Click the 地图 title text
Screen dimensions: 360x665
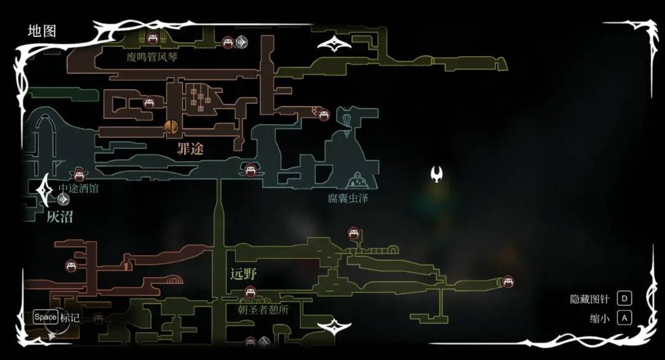click(42, 31)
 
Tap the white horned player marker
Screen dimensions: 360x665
click(437, 174)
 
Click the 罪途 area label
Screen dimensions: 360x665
click(190, 149)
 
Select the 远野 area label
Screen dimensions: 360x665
click(243, 275)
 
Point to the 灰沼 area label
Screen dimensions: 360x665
click(60, 217)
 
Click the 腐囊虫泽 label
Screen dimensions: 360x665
click(348, 198)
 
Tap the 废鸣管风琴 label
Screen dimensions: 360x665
click(152, 57)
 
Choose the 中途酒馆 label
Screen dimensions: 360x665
click(78, 188)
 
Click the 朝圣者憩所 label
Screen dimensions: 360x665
click(263, 309)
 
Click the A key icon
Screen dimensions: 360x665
click(624, 318)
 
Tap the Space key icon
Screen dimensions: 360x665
click(46, 317)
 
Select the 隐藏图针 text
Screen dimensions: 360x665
click(589, 299)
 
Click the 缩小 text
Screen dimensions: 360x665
click(600, 319)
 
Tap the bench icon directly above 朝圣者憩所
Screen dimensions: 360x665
click(250, 292)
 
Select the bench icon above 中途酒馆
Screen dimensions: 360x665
click(79, 175)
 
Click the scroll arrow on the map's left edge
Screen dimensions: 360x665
click(45, 190)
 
